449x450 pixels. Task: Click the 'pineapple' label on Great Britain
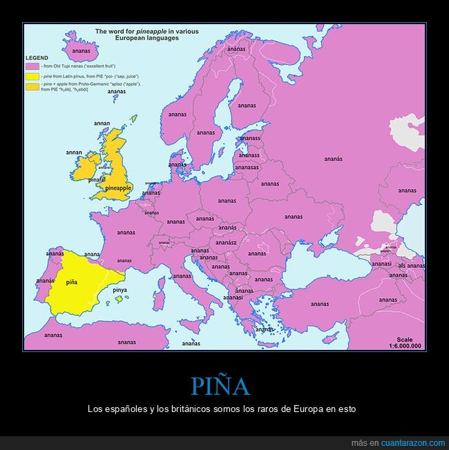(x=118, y=188)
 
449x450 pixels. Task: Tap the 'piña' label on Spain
(x=71, y=282)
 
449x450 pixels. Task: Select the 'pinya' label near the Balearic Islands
(x=120, y=291)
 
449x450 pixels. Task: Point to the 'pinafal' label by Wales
(x=97, y=179)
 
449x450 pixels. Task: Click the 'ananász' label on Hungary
(x=225, y=242)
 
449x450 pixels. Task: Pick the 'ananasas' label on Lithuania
(x=247, y=167)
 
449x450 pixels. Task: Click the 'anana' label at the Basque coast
(x=92, y=254)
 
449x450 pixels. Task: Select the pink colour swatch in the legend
(x=31, y=66)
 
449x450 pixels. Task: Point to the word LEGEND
(x=37, y=57)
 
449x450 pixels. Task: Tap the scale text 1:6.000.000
(x=405, y=346)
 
